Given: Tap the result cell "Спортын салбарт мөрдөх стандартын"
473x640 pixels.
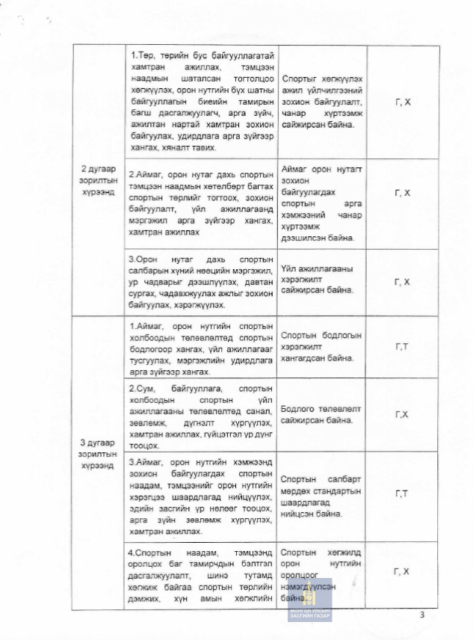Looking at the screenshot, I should point(321,494).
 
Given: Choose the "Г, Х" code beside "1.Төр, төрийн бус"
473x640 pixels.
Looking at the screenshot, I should point(402,101).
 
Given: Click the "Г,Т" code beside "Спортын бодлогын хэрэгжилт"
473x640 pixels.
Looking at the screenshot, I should point(402,346).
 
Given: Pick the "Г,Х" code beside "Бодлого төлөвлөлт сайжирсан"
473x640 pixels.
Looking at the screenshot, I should point(402,414).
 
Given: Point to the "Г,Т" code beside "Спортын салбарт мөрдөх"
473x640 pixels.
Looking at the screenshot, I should point(402,493).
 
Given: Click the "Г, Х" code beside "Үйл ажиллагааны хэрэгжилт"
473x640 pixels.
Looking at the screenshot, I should point(402,281).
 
